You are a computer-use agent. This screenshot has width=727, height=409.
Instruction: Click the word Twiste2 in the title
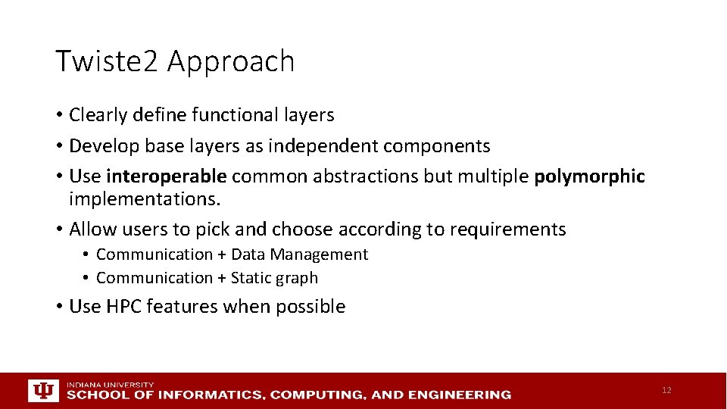(x=107, y=61)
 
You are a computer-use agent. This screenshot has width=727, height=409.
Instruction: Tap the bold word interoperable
(x=166, y=176)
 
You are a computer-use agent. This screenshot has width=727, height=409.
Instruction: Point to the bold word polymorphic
(x=589, y=176)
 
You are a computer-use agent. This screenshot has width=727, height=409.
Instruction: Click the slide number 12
(x=666, y=390)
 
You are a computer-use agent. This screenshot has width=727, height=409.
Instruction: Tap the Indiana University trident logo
(x=42, y=390)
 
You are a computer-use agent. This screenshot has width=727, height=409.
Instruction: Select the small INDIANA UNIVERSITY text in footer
(x=110, y=384)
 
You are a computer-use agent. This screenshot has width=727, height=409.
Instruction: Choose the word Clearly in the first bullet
(x=98, y=115)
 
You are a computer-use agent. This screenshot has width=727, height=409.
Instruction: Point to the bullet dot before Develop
(x=58, y=146)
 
